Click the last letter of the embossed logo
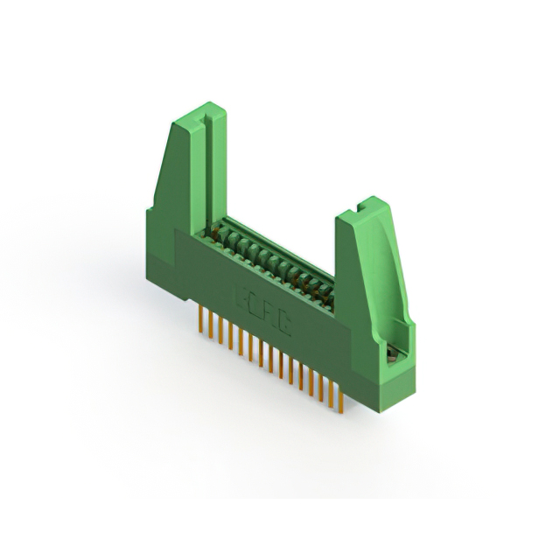285,327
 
